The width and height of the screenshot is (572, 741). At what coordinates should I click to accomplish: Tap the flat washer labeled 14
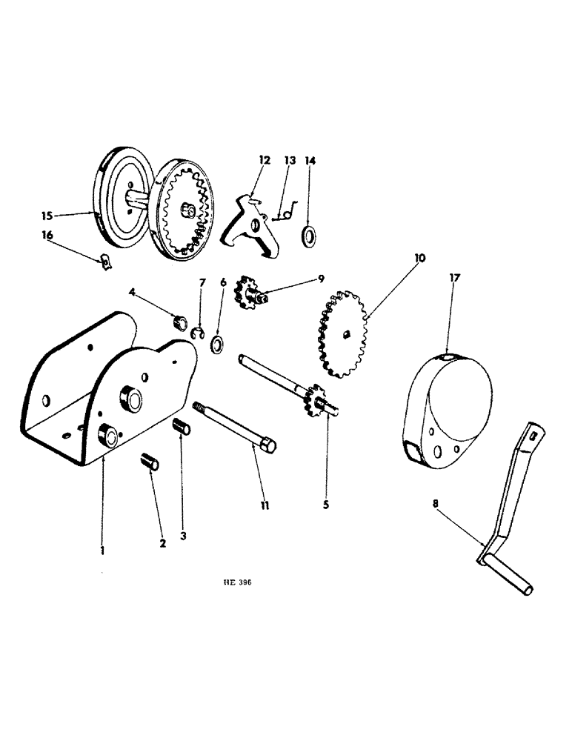[x=307, y=237]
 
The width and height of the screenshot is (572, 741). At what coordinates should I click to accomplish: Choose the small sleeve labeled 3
[x=182, y=429]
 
